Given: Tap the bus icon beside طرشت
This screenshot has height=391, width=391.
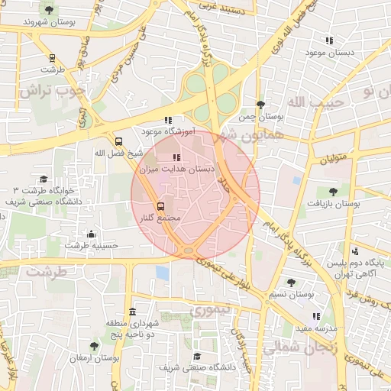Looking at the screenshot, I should [52, 58].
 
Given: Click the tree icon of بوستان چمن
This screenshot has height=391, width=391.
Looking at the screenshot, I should [260, 105].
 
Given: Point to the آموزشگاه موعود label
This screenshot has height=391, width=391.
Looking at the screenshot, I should [168, 131].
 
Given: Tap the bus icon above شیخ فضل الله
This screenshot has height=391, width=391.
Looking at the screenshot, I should [118, 141].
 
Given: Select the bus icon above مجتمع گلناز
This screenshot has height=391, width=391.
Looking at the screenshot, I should [160, 206].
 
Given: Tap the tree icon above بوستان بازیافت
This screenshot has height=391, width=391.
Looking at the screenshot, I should [332, 192].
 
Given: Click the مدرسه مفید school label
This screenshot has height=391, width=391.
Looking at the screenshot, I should [315, 328].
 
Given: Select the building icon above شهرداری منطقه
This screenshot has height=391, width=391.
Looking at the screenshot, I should [134, 312].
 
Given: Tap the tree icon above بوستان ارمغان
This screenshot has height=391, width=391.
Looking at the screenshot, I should [95, 346].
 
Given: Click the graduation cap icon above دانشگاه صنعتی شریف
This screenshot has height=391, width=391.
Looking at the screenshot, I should [197, 356].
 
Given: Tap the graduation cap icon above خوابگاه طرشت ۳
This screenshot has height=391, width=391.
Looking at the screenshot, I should [44, 177].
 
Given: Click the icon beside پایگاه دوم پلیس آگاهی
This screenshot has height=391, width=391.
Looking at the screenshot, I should [355, 250].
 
